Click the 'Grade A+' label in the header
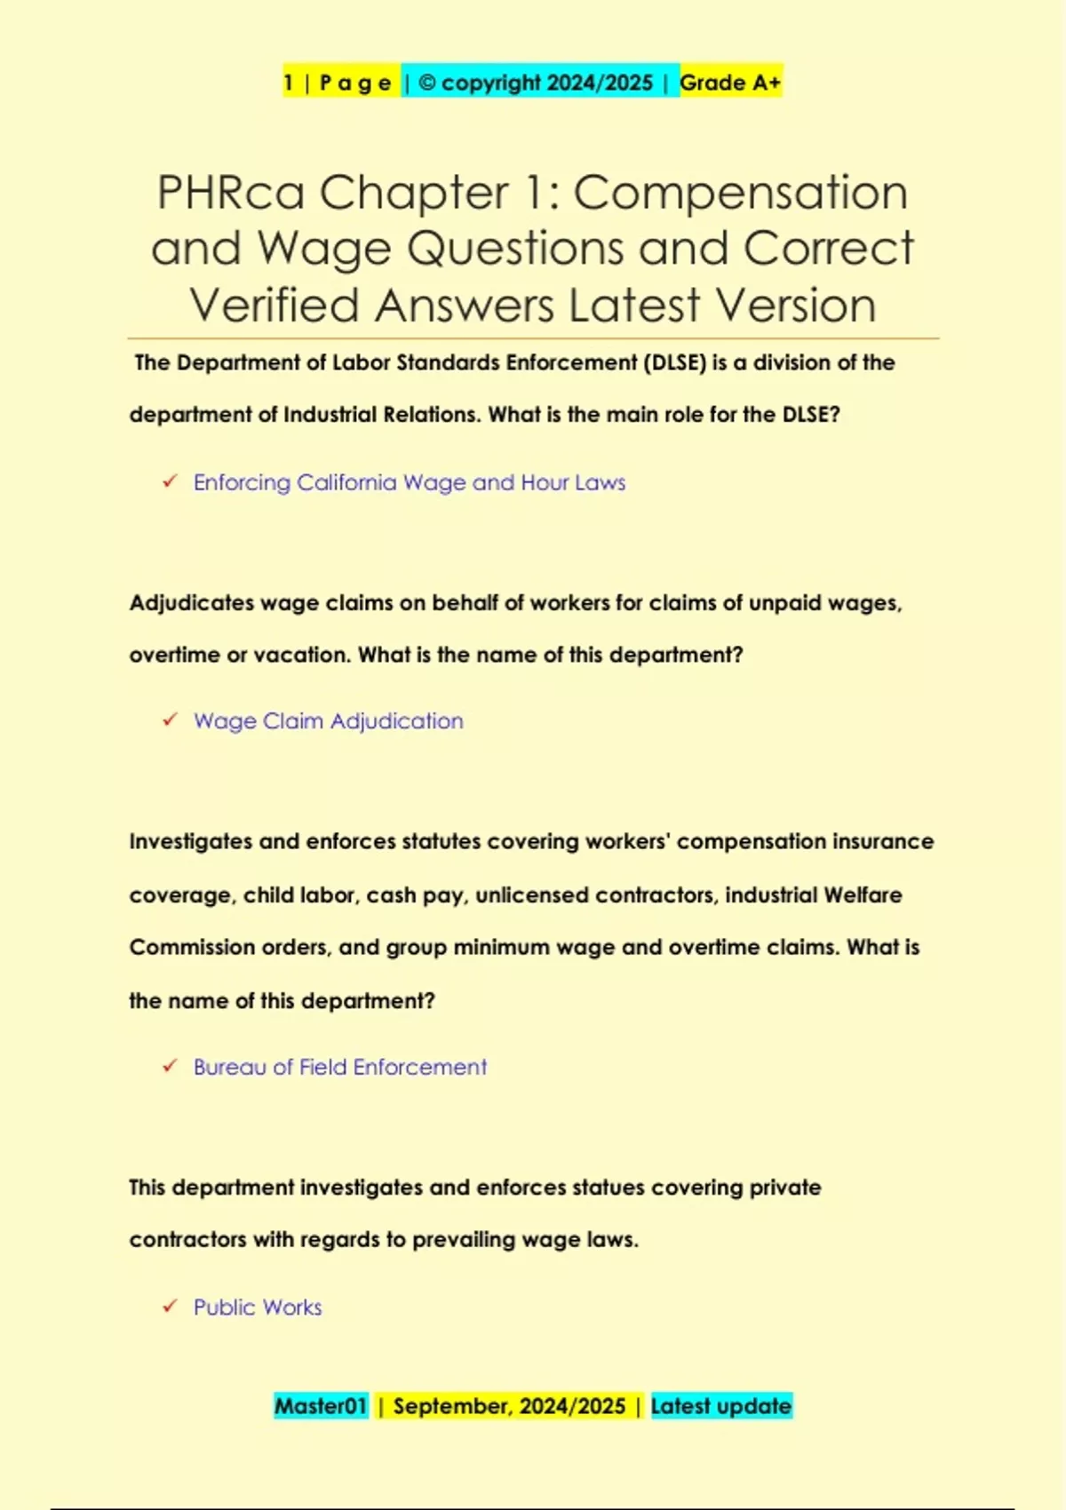coord(730,83)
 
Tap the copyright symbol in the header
coord(426,83)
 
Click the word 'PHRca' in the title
coord(230,193)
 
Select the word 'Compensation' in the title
coord(740,193)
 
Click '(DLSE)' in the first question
coord(674,362)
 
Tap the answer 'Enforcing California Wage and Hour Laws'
coord(410,482)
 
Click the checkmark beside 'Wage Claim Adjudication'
coord(170,720)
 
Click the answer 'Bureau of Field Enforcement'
coord(340,1067)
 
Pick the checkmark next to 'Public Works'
coord(170,1307)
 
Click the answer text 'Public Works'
coord(258,1307)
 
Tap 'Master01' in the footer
coord(321,1406)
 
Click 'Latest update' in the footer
coord(720,1406)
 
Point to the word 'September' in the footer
coord(451,1406)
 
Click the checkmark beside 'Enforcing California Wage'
coord(170,481)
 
